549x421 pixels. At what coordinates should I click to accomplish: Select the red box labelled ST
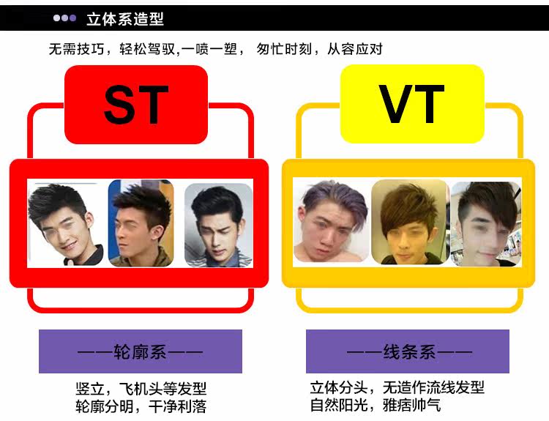(x=136, y=105)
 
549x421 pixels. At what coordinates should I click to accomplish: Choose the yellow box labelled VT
(x=412, y=105)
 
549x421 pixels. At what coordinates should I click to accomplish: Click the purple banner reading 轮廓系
(x=140, y=351)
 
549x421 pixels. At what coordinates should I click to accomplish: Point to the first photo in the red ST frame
(x=66, y=223)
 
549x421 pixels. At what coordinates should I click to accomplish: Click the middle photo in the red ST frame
(x=141, y=223)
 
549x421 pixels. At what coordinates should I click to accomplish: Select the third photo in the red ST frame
(x=217, y=223)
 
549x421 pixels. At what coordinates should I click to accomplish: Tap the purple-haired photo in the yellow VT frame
(x=330, y=223)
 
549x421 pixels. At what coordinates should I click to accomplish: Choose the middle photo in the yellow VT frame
(x=409, y=222)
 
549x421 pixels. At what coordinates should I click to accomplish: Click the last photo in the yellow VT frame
(x=485, y=223)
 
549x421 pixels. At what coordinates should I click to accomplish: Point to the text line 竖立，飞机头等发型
(x=136, y=388)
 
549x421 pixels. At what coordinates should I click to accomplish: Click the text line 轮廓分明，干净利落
(x=136, y=406)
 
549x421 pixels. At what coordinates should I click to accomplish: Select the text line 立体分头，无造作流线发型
(x=397, y=387)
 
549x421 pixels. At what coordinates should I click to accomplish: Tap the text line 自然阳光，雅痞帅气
(x=375, y=405)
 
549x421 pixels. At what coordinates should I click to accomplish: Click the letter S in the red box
(x=120, y=105)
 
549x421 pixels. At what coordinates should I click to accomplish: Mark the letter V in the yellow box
(x=396, y=105)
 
